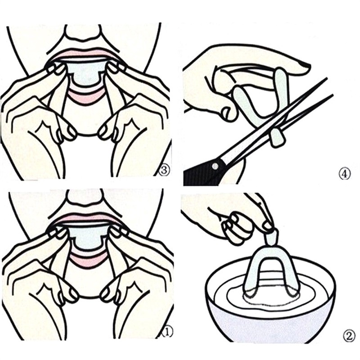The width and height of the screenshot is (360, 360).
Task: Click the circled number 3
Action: (x=165, y=170)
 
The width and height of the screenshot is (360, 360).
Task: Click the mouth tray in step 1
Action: (x=88, y=238)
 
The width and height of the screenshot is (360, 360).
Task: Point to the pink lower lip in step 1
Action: (x=88, y=260)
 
